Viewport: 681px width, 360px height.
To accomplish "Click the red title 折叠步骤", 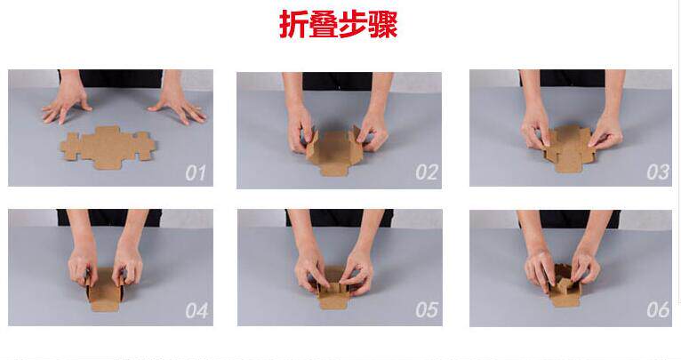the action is pos(339,24).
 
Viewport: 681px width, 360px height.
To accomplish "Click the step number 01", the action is pos(196,172).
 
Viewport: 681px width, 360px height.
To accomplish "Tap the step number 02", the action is pos(427,172).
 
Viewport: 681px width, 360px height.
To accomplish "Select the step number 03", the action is pos(658,172).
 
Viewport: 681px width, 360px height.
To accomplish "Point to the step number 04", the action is pos(196,310).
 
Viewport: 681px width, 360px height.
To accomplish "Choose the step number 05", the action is pos(427,310).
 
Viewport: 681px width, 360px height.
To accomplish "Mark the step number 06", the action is pos(658,310).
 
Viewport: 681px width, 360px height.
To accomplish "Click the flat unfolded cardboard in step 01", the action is pos(108,148).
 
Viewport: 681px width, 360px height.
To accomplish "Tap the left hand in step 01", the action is pos(66,103).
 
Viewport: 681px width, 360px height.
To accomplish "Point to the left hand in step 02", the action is pos(300,127).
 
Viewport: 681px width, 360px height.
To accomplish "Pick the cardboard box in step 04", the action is pos(105,290).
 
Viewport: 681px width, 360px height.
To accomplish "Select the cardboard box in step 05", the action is pos(333,289).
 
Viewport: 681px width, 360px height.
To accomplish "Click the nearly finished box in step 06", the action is pos(565,285).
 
